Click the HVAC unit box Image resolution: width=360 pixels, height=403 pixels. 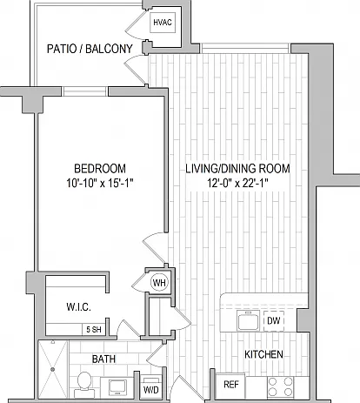[x=163, y=23]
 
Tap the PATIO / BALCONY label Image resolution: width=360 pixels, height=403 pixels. [x=90, y=49]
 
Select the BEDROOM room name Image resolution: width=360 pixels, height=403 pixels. [x=100, y=169]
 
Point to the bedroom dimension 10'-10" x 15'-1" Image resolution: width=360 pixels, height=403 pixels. [x=100, y=183]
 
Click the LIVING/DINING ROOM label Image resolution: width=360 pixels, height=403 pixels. [x=237, y=169]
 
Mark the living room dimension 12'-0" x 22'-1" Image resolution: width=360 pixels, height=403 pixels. [x=237, y=183]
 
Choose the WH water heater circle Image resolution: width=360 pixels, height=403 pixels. [x=159, y=283]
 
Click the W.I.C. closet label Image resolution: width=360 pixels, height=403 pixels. [x=78, y=306]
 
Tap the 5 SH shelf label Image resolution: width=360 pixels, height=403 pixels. [x=94, y=330]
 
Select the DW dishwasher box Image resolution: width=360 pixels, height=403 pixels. [x=274, y=320]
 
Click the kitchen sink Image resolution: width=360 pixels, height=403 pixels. [x=248, y=320]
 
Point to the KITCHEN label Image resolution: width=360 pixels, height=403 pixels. [x=263, y=354]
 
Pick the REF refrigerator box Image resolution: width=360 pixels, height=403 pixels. [x=230, y=386]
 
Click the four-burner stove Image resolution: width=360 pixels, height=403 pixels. [x=280, y=386]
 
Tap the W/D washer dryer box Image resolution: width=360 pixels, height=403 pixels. [x=151, y=386]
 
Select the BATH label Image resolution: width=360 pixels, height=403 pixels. [x=103, y=359]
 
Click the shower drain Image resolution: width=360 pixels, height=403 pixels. [x=52, y=369]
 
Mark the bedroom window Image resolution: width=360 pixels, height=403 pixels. [x=84, y=91]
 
